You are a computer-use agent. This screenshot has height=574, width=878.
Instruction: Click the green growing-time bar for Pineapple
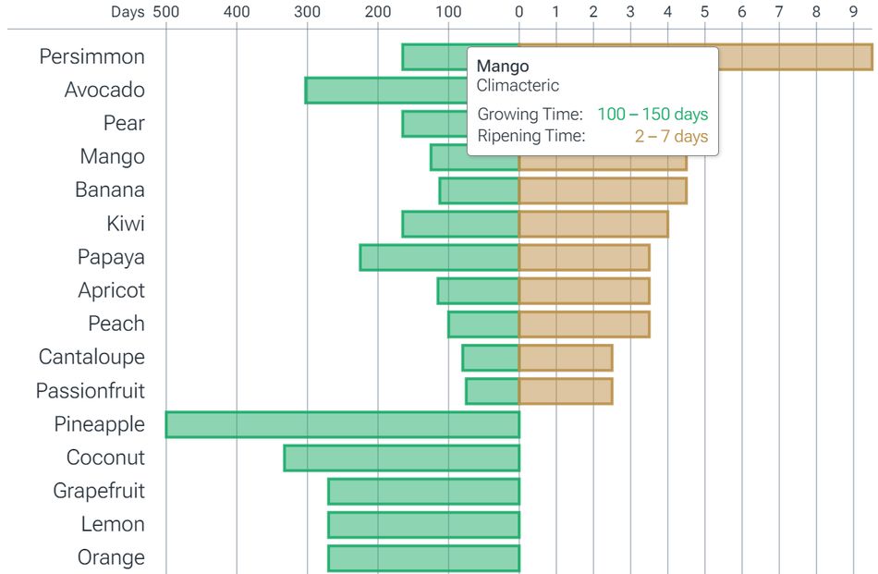pyautogui.click(x=342, y=424)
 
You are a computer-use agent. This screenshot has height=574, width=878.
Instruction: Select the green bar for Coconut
pyautogui.click(x=401, y=458)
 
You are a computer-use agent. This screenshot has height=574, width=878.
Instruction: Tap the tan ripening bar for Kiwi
pyautogui.click(x=592, y=224)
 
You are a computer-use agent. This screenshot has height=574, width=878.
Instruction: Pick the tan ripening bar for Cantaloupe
pyautogui.click(x=565, y=358)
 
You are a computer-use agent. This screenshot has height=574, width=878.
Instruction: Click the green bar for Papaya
pyautogui.click(x=439, y=257)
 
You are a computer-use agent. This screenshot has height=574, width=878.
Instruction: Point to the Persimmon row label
pyautogui.click(x=91, y=56)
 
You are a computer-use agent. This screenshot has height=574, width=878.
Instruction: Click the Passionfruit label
pyautogui.click(x=90, y=391)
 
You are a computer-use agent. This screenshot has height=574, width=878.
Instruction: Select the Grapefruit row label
pyautogui.click(x=99, y=491)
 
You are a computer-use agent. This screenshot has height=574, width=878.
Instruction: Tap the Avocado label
pyautogui.click(x=104, y=91)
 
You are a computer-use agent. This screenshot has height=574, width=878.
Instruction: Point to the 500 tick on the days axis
pyautogui.click(x=166, y=12)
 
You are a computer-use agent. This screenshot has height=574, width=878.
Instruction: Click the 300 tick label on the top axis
pyautogui.click(x=307, y=12)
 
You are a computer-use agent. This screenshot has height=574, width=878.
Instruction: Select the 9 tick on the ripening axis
pyautogui.click(x=853, y=12)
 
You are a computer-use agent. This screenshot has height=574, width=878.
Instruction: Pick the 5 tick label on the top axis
pyautogui.click(x=704, y=12)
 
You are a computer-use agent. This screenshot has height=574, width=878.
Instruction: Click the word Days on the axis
pyautogui.click(x=128, y=12)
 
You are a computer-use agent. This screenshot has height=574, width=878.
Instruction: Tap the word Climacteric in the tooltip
pyautogui.click(x=518, y=86)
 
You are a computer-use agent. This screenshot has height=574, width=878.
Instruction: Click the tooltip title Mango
pyautogui.click(x=503, y=67)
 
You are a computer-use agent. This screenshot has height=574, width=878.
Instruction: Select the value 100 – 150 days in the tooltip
pyautogui.click(x=652, y=115)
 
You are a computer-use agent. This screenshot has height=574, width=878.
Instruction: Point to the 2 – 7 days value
pyautogui.click(x=671, y=137)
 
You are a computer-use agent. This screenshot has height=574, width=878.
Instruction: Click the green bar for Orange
pyautogui.click(x=423, y=558)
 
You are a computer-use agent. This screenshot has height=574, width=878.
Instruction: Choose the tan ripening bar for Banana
pyautogui.click(x=603, y=190)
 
